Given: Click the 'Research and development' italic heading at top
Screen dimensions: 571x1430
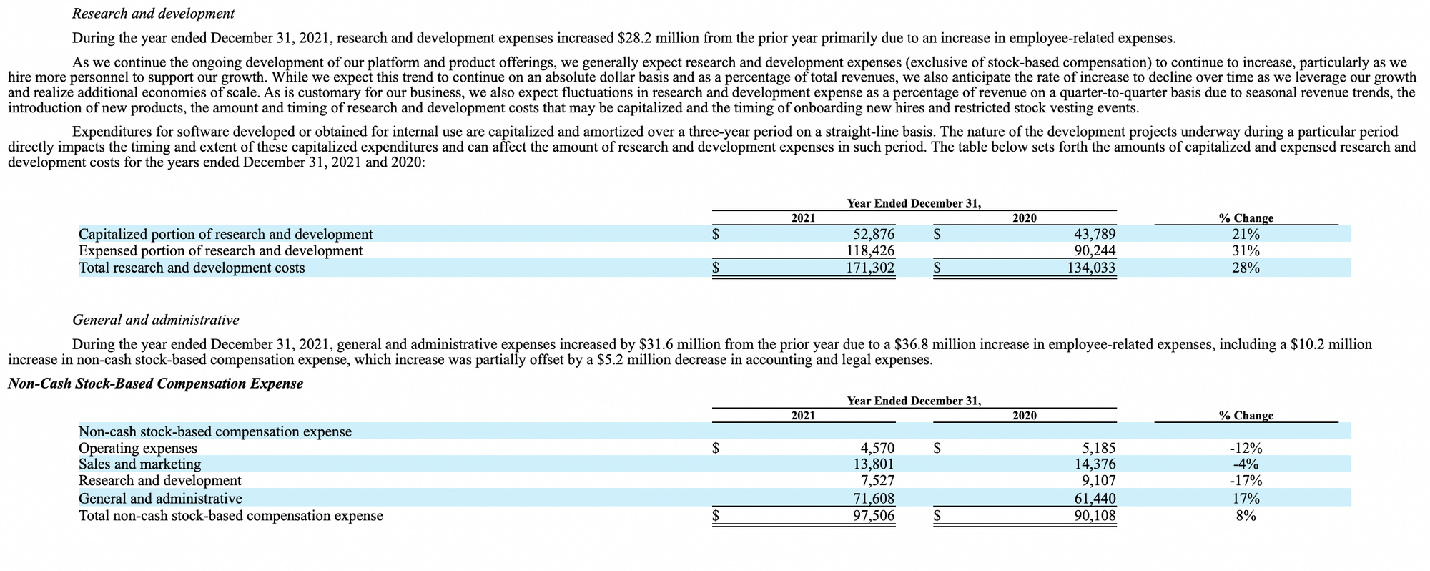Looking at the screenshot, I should pyautogui.click(x=154, y=14).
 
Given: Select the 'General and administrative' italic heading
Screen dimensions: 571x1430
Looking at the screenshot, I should pyautogui.click(x=156, y=319).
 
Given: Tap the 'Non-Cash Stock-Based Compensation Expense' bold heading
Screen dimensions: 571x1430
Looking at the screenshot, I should pyautogui.click(x=155, y=384).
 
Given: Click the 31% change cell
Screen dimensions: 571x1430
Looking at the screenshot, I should pyautogui.click(x=1246, y=250).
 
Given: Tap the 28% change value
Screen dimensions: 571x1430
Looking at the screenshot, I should pyautogui.click(x=1246, y=268).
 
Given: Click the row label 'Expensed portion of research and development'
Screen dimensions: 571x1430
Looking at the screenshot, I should pyautogui.click(x=220, y=250).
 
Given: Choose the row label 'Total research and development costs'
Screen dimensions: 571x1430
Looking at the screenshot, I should pyautogui.click(x=192, y=268).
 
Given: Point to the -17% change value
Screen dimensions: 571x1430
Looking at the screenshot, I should pyautogui.click(x=1246, y=480).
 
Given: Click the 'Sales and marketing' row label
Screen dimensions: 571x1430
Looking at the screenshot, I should pyautogui.click(x=139, y=464).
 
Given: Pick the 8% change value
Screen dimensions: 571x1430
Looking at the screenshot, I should pyautogui.click(x=1246, y=515).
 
